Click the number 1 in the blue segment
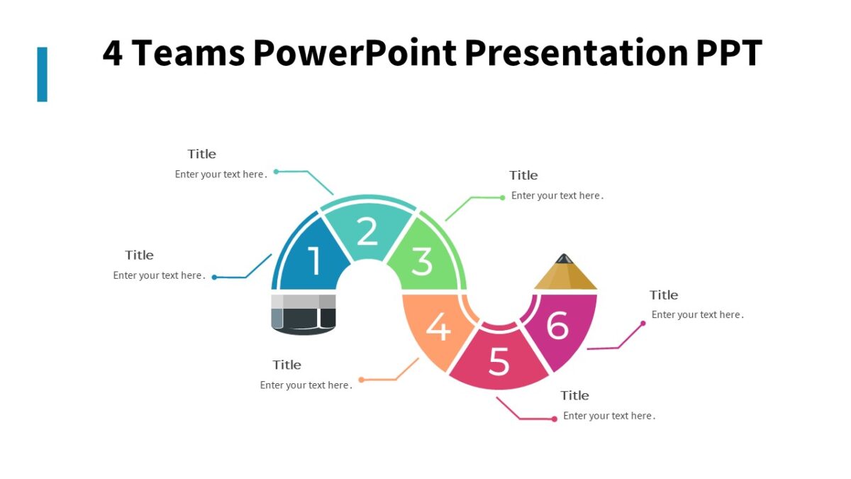[x=313, y=261]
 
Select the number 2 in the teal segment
[x=367, y=231]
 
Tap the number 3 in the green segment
[x=422, y=262]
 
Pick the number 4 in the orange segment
[x=438, y=328]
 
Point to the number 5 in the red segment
[x=499, y=363]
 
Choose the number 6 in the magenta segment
[x=557, y=326]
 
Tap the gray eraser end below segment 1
[x=304, y=313]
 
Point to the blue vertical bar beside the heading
[x=42, y=75]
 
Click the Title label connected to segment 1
[x=140, y=255]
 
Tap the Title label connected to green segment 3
[x=523, y=175]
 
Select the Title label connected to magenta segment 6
[x=664, y=295]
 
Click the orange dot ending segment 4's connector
[x=361, y=380]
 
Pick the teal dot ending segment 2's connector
[x=277, y=171]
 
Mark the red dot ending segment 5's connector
[x=554, y=419]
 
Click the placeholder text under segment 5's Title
[x=609, y=416]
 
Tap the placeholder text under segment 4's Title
[x=306, y=385]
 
